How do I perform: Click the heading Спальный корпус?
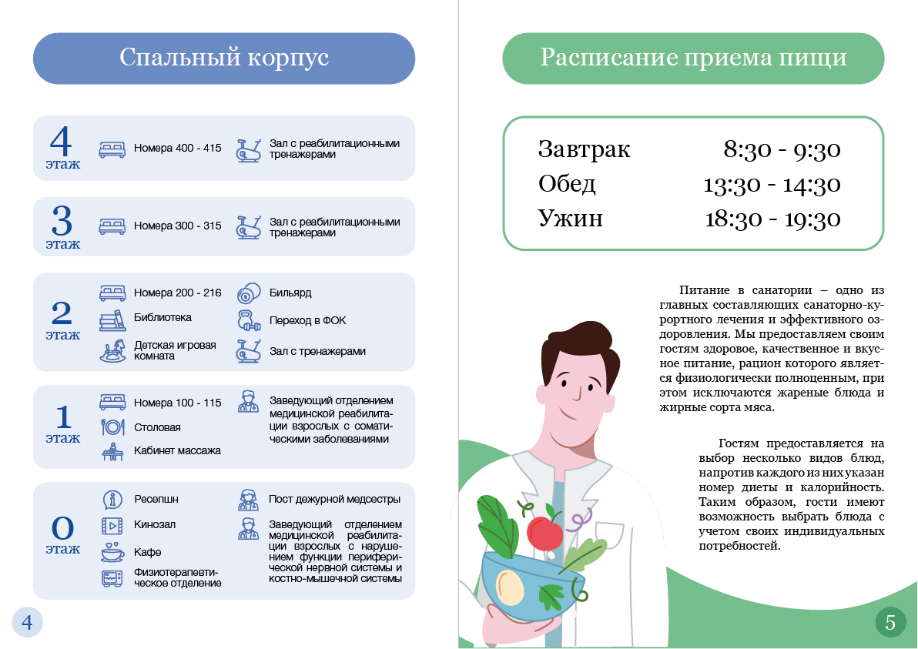click(224, 59)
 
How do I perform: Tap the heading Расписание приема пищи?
click(693, 59)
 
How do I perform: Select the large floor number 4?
click(61, 142)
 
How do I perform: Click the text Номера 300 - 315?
click(177, 226)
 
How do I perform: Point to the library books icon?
click(112, 319)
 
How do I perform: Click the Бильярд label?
click(290, 293)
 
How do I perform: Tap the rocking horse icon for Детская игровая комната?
click(112, 351)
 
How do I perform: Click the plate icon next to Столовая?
click(112, 427)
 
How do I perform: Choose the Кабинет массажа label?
click(177, 450)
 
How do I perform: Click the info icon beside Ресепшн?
click(112, 499)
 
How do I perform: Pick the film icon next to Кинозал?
click(112, 525)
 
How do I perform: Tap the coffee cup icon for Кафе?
click(112, 552)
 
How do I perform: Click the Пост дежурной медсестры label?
click(334, 499)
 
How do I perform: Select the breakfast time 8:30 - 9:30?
click(781, 149)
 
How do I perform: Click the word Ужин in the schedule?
click(570, 218)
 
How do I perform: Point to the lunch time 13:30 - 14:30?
click(772, 185)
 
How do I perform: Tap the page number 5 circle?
click(890, 622)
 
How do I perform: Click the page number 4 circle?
click(27, 622)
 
